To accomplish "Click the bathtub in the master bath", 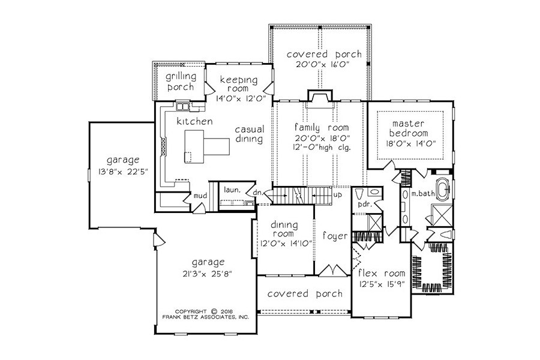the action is [x=443, y=189].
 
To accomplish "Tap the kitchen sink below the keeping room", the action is [x=182, y=106].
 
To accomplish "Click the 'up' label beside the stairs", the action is [x=338, y=194].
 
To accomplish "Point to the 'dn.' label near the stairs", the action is [x=257, y=193].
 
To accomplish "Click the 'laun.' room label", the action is [x=232, y=190].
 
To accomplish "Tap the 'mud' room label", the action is [x=200, y=196].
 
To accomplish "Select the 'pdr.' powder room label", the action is [x=364, y=204].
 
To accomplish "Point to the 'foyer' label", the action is [x=335, y=236].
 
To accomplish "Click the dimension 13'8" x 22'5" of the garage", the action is [x=123, y=171].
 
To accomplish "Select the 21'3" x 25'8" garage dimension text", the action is [x=208, y=274].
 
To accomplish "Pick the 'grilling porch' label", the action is [x=180, y=82].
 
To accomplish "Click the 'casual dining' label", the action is [x=250, y=134].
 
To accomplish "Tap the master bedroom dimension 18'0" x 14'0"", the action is [x=409, y=143].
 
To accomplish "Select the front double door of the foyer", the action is [x=332, y=271].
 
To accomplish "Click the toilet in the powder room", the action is [x=358, y=194].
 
